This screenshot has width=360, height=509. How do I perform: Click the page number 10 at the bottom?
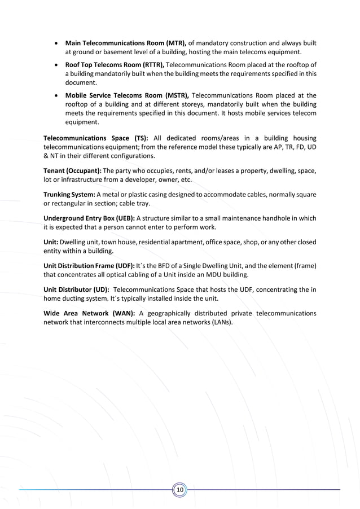coord(180,489)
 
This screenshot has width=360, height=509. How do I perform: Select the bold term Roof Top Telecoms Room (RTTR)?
coord(115,65)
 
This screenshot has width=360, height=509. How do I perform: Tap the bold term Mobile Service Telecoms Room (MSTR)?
coord(128,95)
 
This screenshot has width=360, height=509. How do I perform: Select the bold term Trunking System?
coord(69,195)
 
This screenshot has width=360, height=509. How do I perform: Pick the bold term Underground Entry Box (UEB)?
coord(89,218)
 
